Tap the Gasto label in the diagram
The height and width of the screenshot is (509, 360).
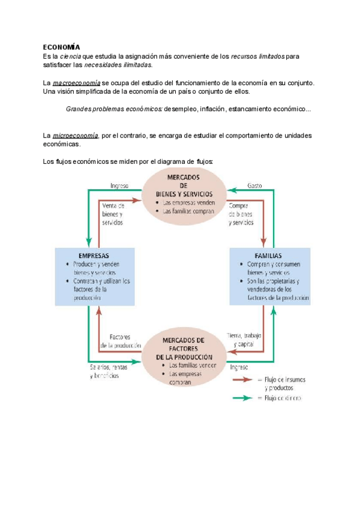254,186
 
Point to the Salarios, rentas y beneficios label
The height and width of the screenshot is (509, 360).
104,371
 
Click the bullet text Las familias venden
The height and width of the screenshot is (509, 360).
193,365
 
